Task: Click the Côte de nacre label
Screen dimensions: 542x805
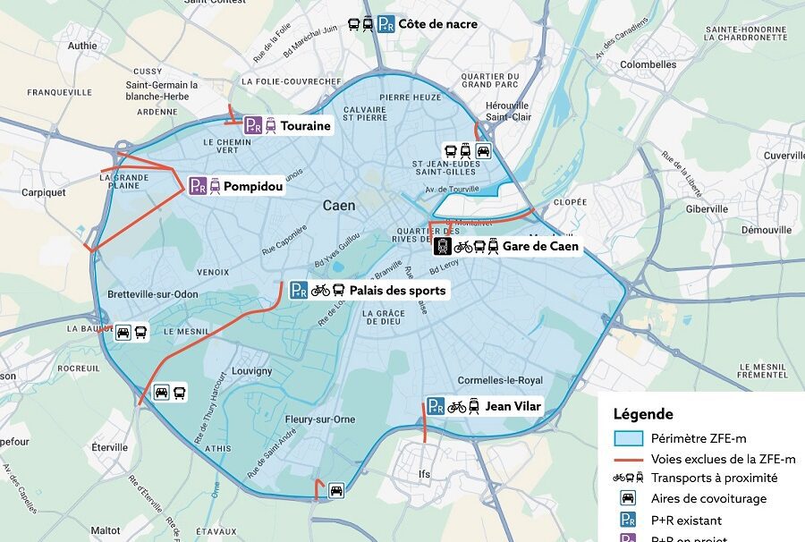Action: pos(437,24)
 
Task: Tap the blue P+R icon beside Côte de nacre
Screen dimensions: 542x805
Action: pos(386,24)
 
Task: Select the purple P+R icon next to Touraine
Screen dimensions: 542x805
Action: pos(253,126)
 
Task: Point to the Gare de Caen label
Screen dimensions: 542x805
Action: pos(540,246)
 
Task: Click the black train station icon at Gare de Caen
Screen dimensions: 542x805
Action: pos(442,246)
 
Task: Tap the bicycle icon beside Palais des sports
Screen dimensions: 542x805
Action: pos(320,291)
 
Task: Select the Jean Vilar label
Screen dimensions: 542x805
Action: pos(512,406)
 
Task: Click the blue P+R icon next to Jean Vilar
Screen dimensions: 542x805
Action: pos(436,407)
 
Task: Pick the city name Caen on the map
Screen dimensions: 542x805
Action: pos(339,206)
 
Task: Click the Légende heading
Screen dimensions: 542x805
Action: pos(643,414)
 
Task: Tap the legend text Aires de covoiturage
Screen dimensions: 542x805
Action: pos(708,498)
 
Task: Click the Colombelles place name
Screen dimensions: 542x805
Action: pos(648,64)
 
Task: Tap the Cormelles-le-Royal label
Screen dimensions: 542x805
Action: pos(500,379)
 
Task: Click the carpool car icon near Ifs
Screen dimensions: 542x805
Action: pos(336,489)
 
